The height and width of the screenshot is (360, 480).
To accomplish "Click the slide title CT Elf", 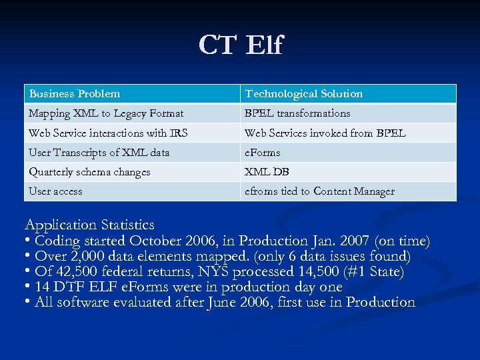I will [240, 45].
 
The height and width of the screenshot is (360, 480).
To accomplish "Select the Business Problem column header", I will [75, 94].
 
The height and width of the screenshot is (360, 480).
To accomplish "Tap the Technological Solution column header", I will [303, 94].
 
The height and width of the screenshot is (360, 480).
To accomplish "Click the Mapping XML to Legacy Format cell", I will [106, 113].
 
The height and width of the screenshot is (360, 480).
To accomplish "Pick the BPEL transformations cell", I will [297, 113].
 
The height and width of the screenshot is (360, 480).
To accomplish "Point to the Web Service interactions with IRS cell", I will [108, 133].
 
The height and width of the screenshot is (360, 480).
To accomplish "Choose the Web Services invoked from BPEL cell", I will [325, 133].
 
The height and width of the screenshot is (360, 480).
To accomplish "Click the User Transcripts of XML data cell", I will [99, 152].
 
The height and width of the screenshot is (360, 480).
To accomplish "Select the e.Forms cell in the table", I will [263, 152].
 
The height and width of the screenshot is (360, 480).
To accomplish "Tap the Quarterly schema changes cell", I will [89, 171].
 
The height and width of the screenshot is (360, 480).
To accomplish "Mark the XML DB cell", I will [267, 171].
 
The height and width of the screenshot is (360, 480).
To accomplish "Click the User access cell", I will [55, 191].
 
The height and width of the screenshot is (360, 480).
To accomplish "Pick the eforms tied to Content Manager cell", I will [319, 191].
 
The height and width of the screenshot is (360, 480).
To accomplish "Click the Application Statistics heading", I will [89, 225].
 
